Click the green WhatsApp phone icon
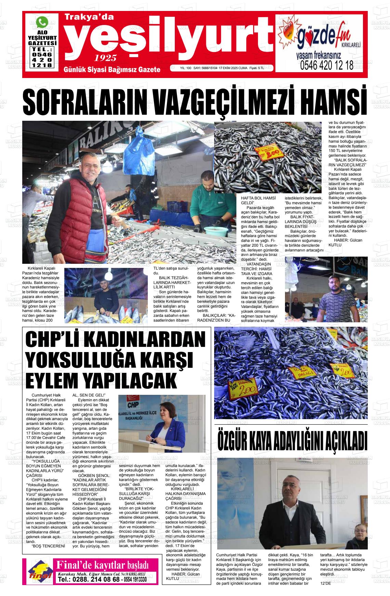42,22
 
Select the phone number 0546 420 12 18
326,66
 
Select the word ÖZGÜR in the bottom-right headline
236,442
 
